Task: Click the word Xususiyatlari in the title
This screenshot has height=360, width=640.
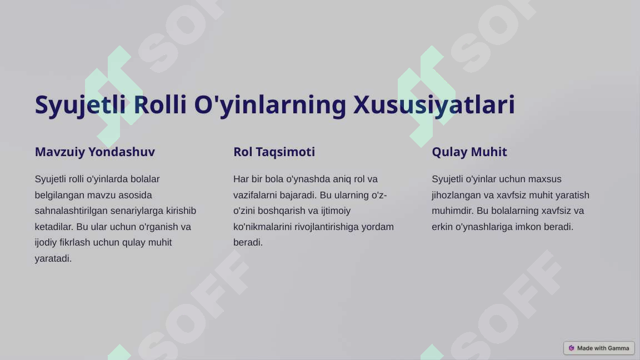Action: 434,105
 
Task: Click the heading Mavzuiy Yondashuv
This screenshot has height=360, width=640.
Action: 94,152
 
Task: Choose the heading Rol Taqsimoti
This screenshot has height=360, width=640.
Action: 274,152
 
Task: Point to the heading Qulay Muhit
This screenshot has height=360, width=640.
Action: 469,152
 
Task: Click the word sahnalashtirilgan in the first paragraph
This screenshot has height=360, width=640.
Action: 67,211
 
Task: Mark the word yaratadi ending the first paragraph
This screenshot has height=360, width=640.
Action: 53,258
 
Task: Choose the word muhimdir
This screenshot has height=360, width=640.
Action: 453,211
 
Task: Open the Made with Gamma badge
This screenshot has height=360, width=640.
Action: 599,348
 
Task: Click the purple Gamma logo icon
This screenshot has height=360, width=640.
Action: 571,348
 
